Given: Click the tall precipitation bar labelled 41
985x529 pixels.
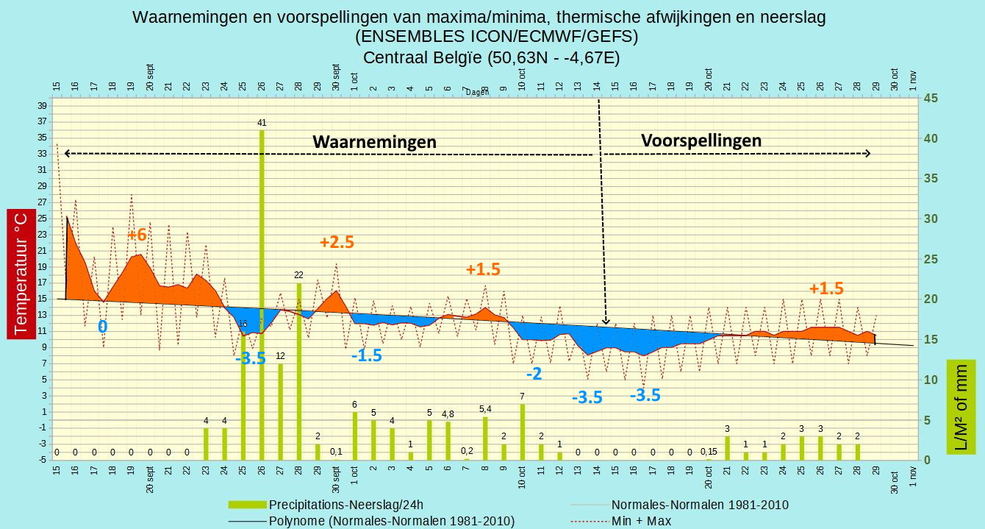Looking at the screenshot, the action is point(262,295).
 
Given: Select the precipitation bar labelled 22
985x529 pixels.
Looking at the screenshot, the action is point(299,372).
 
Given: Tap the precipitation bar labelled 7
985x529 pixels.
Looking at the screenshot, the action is point(523,432).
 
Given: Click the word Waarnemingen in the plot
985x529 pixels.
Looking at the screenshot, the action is point(374,142).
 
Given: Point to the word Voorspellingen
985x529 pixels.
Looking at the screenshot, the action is point(701,141).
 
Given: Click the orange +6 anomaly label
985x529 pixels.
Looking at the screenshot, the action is point(137,235).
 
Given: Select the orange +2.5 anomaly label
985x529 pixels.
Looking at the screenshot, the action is point(337,242).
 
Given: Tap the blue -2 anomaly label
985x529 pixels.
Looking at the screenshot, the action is point(534,374).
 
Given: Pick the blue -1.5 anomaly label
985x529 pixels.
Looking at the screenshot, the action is point(367,355).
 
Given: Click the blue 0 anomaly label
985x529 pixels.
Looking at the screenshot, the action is point(102,327).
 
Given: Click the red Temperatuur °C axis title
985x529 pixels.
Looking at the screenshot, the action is point(21,274).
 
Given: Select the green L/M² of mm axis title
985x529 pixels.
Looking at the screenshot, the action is point(961,407).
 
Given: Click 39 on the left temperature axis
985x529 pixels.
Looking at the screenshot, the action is point(42,106).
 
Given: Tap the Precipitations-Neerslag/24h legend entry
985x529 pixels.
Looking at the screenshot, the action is point(326,505).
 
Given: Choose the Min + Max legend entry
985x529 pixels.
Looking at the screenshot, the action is point(621,521).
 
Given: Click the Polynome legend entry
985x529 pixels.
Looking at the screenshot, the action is point(371,521).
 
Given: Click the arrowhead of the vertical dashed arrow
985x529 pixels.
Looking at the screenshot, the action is point(606,321).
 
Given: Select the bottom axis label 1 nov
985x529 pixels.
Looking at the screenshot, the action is point(913,476).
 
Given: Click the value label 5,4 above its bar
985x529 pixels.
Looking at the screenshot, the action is point(485,409).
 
